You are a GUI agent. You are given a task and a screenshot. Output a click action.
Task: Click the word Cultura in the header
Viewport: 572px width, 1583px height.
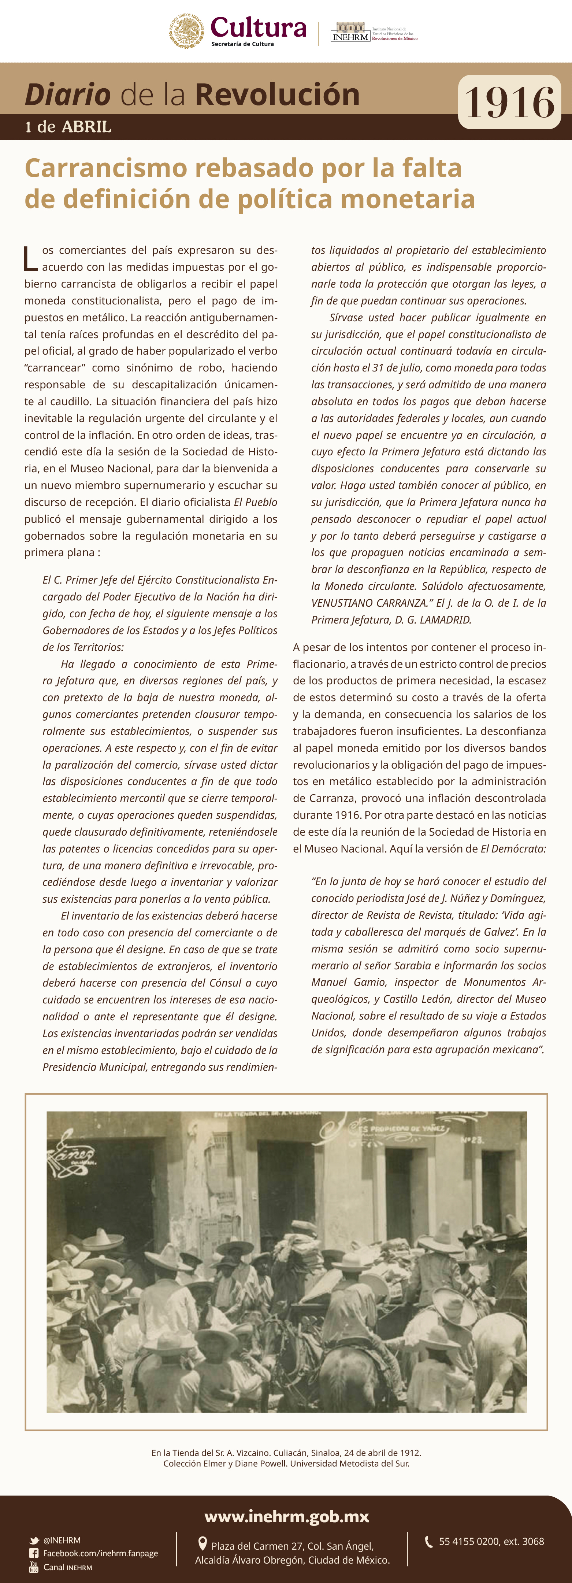click(x=258, y=27)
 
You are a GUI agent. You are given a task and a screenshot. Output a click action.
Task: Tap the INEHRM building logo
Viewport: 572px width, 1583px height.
click(x=350, y=32)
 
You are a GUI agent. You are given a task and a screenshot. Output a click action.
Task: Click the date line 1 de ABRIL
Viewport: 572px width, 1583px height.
click(x=68, y=127)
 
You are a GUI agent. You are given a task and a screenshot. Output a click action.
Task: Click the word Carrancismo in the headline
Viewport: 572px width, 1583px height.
click(x=106, y=168)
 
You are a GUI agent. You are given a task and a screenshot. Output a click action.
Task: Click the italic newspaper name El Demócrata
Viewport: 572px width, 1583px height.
click(x=513, y=848)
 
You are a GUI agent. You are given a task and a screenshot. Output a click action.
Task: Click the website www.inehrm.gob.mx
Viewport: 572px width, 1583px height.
click(x=286, y=1517)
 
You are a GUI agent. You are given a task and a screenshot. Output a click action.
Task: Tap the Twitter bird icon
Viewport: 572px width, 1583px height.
click(x=34, y=1541)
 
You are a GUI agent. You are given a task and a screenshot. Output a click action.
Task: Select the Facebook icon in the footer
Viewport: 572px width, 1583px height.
click(x=34, y=1553)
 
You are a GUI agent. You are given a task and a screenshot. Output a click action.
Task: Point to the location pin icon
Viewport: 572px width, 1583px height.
click(x=202, y=1544)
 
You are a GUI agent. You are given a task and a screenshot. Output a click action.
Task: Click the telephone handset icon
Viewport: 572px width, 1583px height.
click(x=429, y=1541)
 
